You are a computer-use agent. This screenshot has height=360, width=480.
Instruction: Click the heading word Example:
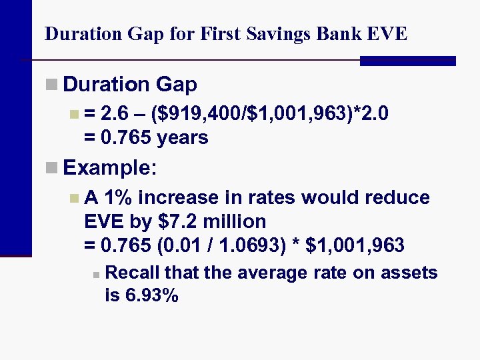[110, 167]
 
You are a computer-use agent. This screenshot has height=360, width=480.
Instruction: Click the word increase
[181, 198]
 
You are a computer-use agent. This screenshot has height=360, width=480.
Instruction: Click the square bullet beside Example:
[52, 167]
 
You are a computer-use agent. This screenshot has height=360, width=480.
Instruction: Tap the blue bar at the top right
[407, 61]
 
